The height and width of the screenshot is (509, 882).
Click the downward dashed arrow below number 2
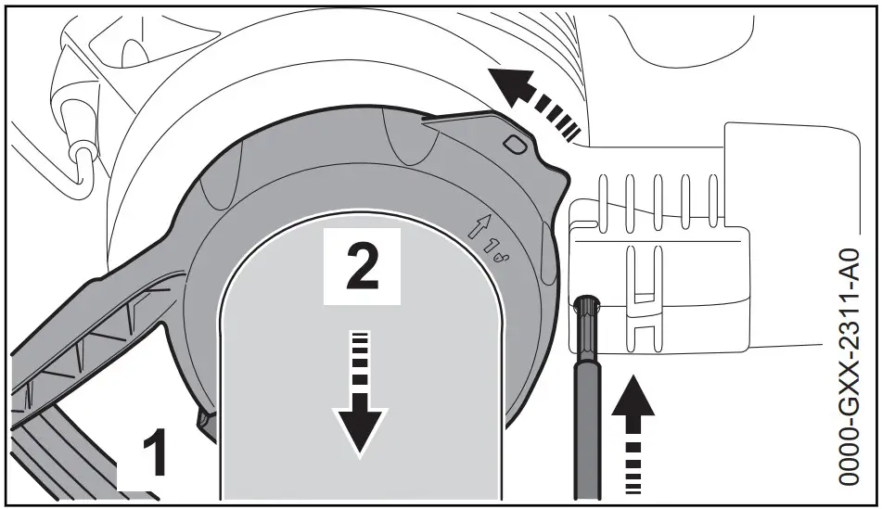[361, 399]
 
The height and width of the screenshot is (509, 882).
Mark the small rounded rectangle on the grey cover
[516, 145]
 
